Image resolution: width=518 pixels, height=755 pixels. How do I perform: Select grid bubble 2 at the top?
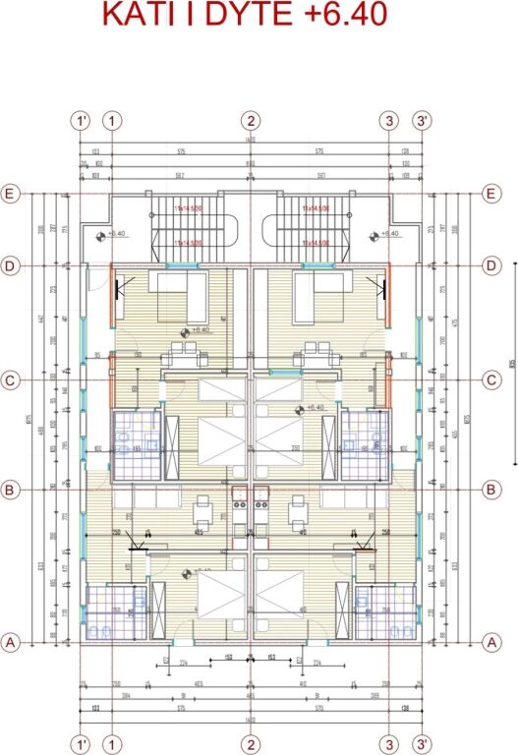click(253, 121)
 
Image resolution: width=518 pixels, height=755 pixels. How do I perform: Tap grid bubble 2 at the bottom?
click(253, 741)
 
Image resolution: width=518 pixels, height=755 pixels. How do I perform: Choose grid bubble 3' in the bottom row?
click(423, 741)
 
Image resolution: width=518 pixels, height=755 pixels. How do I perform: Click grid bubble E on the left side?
click(12, 194)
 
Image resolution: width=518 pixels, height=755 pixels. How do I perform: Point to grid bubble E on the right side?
click(493, 194)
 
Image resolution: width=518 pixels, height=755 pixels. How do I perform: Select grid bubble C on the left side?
click(12, 378)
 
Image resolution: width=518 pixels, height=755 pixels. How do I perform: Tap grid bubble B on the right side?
click(493, 489)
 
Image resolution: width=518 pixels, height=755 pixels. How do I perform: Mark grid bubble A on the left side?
click(12, 641)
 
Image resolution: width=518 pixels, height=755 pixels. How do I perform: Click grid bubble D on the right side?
click(493, 265)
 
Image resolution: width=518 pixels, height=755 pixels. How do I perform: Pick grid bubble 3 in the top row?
click(390, 121)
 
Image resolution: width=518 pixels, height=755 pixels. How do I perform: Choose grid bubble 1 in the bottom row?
click(113, 741)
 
